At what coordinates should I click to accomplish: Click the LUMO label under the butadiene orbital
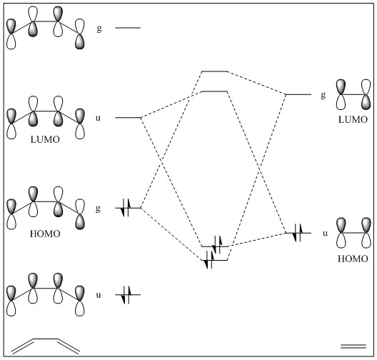(45, 139)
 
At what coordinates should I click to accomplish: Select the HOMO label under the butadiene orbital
(45, 234)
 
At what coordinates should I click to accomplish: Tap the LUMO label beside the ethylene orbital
(353, 119)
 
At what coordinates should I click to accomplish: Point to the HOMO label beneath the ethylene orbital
(353, 259)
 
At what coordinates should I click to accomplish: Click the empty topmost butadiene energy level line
(128, 28)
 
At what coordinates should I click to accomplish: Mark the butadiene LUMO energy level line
(128, 118)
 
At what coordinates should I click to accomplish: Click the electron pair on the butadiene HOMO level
(126, 208)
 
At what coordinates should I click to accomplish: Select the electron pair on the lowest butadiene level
(126, 295)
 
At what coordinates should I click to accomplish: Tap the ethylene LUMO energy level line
(298, 94)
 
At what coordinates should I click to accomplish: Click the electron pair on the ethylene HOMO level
(298, 233)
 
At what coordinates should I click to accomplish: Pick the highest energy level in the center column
(214, 71)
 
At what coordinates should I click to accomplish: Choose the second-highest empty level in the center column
(214, 91)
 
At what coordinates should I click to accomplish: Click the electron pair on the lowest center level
(209, 260)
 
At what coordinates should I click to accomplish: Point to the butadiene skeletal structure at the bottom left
(45, 346)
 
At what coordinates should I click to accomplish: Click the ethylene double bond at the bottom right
(353, 346)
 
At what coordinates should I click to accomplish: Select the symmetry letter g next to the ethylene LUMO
(323, 95)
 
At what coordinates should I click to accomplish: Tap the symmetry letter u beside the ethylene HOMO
(326, 234)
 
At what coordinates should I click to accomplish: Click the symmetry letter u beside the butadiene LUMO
(98, 118)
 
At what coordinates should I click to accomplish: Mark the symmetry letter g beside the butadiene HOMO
(98, 209)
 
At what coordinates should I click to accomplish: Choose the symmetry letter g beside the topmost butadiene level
(99, 29)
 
